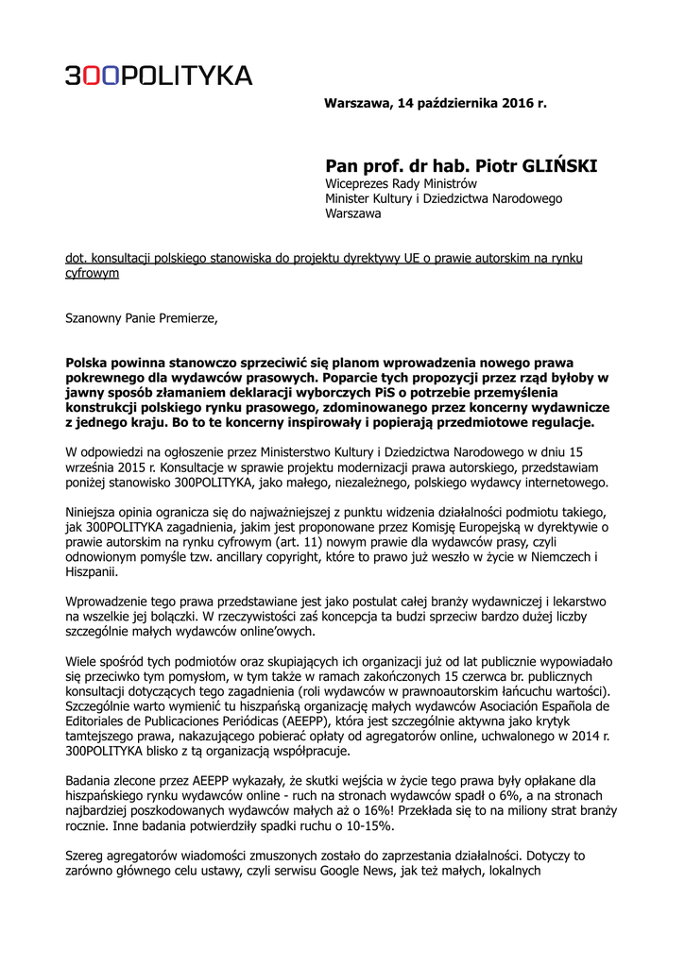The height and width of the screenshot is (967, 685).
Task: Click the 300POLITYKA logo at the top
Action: click(158, 76)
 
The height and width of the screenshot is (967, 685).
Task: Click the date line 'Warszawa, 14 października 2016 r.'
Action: click(435, 102)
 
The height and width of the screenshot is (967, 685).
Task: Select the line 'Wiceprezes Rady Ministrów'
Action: click(401, 183)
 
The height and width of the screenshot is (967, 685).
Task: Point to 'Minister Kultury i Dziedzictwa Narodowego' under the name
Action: click(443, 198)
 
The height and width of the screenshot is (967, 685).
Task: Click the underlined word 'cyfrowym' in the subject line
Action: click(92, 273)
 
